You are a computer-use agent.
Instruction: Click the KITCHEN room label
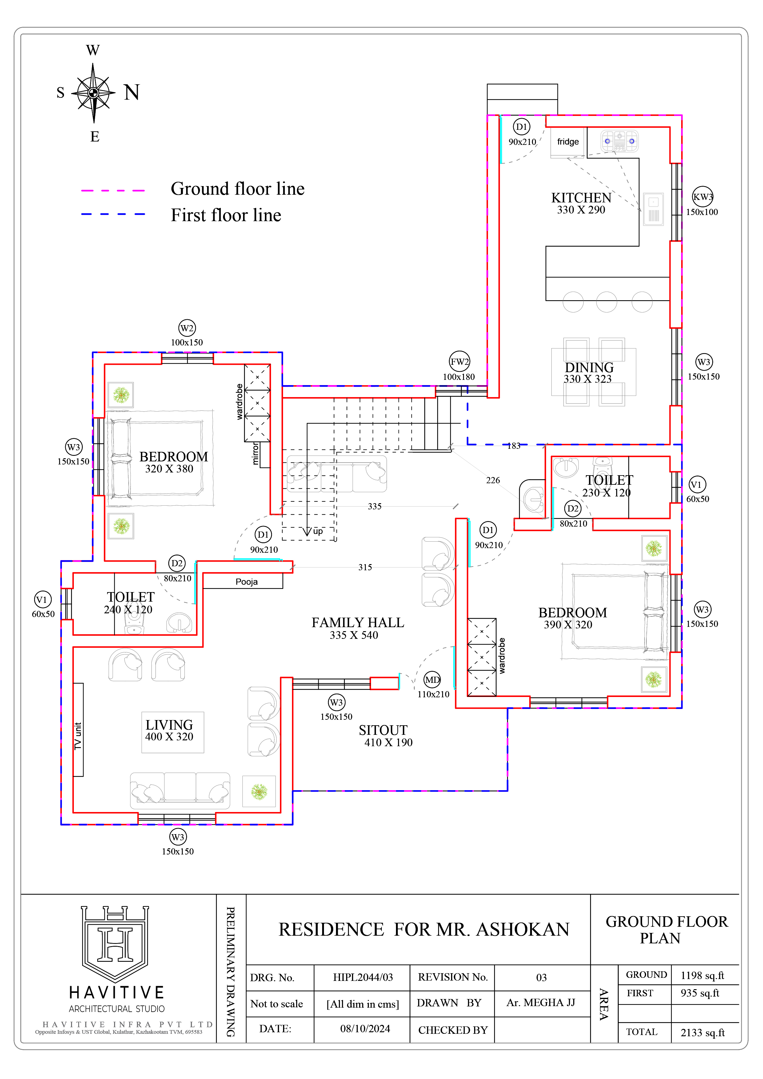[581, 198]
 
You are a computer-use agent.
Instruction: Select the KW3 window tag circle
[703, 197]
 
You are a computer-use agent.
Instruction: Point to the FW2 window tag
[459, 361]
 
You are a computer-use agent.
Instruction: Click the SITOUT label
[383, 730]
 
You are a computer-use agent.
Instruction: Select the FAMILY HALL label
[358, 622]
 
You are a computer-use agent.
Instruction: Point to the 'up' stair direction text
[318, 531]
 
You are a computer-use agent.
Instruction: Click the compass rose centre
[94, 93]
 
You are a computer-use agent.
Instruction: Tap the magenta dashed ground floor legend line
[113, 190]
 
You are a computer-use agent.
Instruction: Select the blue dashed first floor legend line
[113, 214]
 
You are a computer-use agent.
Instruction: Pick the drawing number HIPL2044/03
[362, 977]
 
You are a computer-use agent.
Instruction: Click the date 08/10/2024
[365, 1029]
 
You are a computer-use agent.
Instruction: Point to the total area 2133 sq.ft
[702, 1033]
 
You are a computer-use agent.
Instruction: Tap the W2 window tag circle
[187, 328]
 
